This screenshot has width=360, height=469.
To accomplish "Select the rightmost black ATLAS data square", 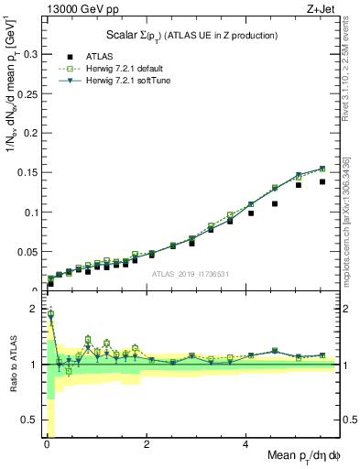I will [322, 181].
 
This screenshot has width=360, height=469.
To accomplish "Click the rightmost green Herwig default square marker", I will [322, 169].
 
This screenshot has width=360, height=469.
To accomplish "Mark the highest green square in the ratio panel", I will [49, 313].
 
